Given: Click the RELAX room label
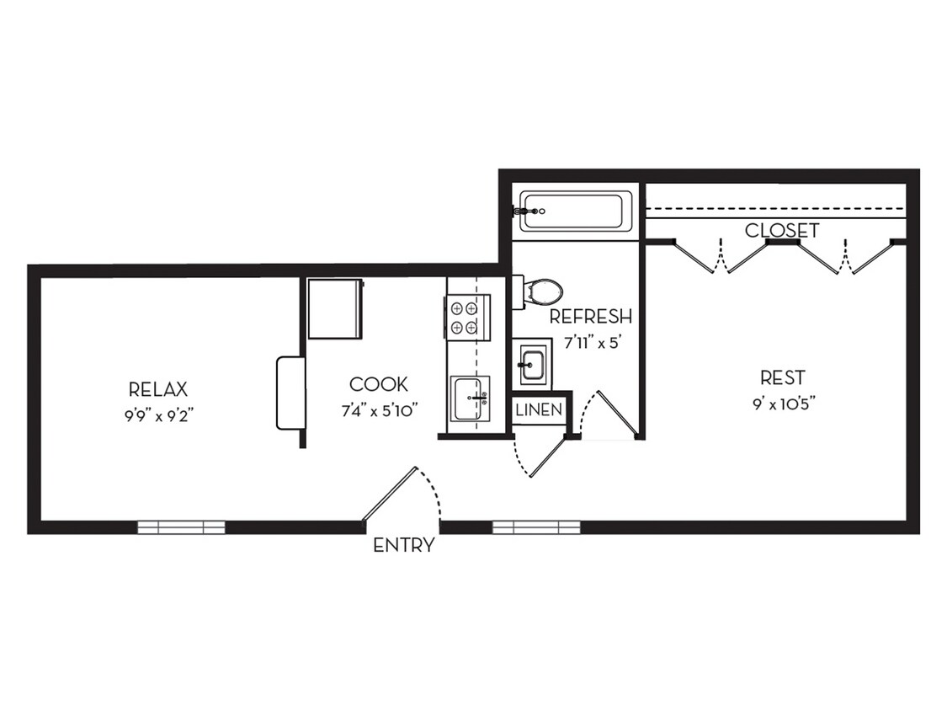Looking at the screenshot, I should coord(158,389).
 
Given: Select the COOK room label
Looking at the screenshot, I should coord(379,384).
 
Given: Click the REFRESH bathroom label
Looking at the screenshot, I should coord(590,317).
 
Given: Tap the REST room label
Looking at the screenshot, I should coord(782,377).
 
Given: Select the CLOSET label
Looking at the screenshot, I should coord(782,230).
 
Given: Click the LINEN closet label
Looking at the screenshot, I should coord(539,410).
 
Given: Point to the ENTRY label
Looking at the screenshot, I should coord(404,545).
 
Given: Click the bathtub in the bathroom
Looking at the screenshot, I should coord(576,211).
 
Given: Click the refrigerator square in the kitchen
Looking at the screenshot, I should coord(335,308).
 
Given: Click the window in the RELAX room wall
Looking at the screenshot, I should coord(182,527).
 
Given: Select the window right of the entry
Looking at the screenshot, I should coord(536,527).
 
